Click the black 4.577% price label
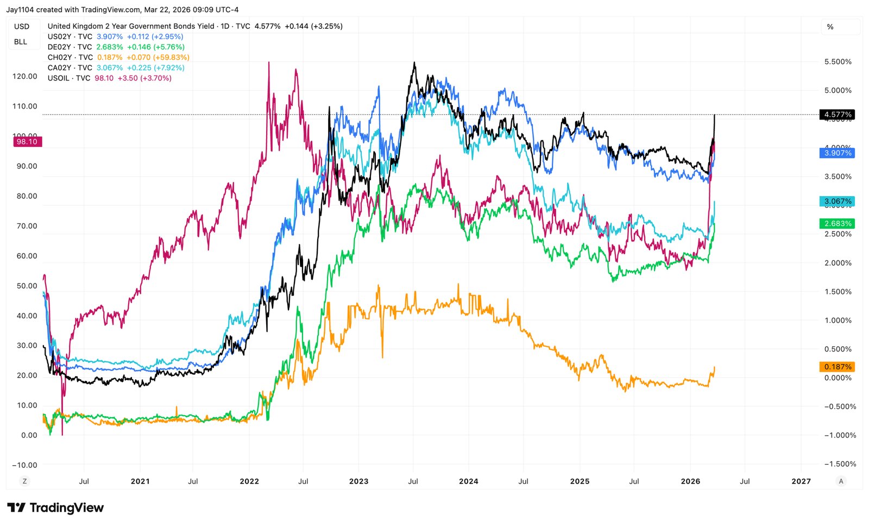point(837,115)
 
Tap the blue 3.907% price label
point(837,153)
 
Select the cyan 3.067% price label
point(837,202)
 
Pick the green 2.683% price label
point(837,224)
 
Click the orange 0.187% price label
point(837,367)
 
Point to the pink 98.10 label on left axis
point(27,142)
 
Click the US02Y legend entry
point(70,37)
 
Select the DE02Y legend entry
point(70,47)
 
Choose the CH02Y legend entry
point(70,58)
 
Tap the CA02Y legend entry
point(70,68)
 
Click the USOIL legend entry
point(68,78)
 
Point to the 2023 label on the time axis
point(358,481)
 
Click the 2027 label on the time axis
point(801,481)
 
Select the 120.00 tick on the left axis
point(25,77)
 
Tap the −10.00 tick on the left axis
point(25,465)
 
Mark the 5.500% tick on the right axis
point(837,62)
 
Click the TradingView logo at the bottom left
point(55,508)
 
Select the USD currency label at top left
point(22,27)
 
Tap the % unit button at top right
point(830,27)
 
